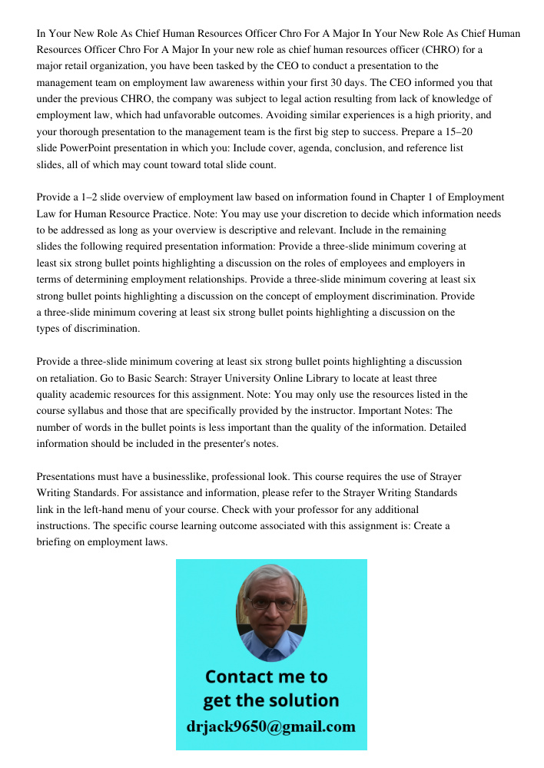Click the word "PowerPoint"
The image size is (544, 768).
pos(88,148)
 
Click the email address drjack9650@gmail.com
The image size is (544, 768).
pos(271,726)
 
